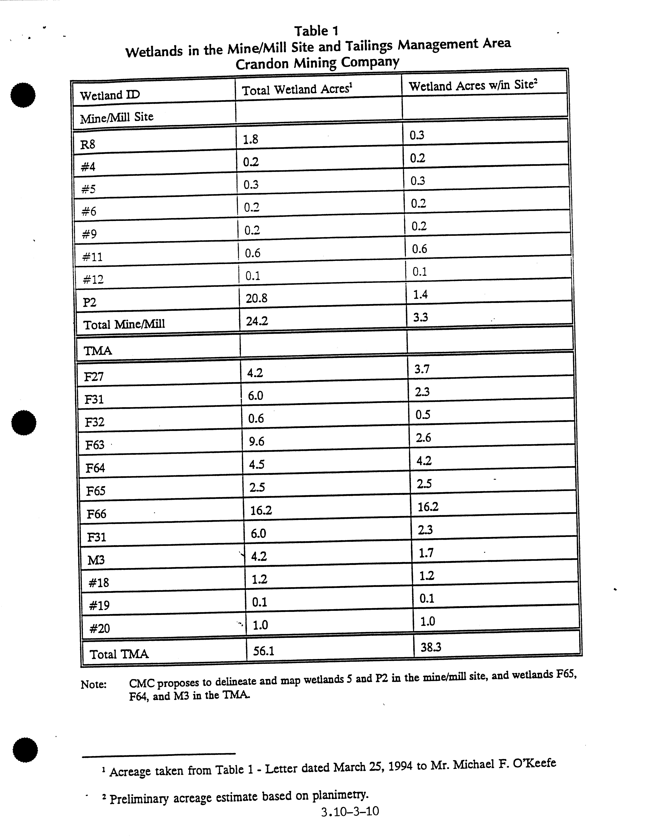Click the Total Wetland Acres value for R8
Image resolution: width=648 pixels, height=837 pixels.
(x=251, y=139)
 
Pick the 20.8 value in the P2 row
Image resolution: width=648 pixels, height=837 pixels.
(x=256, y=298)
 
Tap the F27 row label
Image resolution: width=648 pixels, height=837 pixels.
(x=94, y=377)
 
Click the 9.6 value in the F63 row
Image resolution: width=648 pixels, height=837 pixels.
(x=256, y=442)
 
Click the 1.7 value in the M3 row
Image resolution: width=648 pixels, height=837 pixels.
(x=426, y=553)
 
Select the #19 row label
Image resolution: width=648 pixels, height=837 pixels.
(x=99, y=606)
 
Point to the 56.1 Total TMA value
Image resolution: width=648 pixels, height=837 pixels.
(x=264, y=651)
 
